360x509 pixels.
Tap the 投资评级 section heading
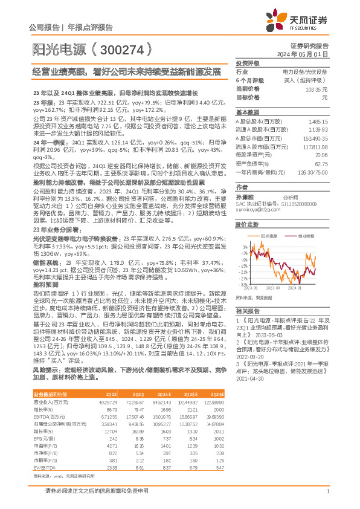coord(247,63)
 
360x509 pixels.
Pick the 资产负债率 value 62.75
coord(323,163)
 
